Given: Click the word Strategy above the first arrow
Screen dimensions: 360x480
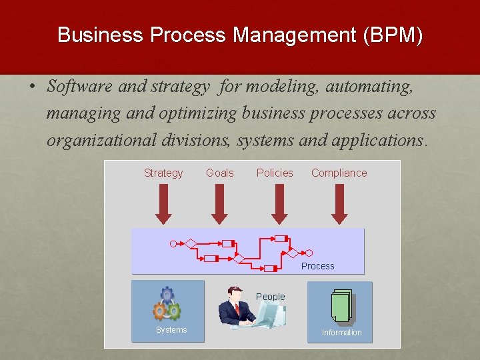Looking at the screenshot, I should (163, 173).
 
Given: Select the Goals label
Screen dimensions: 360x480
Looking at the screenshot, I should (219, 173).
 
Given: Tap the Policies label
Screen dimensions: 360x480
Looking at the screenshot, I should (275, 173).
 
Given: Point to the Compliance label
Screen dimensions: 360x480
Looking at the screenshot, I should (339, 173).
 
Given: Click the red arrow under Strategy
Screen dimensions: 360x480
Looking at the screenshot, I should (163, 203).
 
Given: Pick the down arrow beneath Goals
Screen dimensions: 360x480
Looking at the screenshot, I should (219, 203).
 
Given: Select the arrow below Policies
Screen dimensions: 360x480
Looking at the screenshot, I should (279, 203).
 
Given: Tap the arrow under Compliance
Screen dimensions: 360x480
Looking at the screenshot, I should (339, 203).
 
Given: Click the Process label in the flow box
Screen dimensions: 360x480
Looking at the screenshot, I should (317, 266).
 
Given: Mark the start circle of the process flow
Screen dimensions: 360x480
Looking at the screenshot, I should (173, 244).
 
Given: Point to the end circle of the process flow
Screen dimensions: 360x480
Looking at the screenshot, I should (307, 253).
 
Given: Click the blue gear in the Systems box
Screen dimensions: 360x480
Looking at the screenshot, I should (167, 295).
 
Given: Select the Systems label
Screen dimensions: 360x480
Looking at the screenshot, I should (171, 330).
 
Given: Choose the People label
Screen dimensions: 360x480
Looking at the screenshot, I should (270, 297).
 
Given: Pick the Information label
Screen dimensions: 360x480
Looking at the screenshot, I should (341, 333).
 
